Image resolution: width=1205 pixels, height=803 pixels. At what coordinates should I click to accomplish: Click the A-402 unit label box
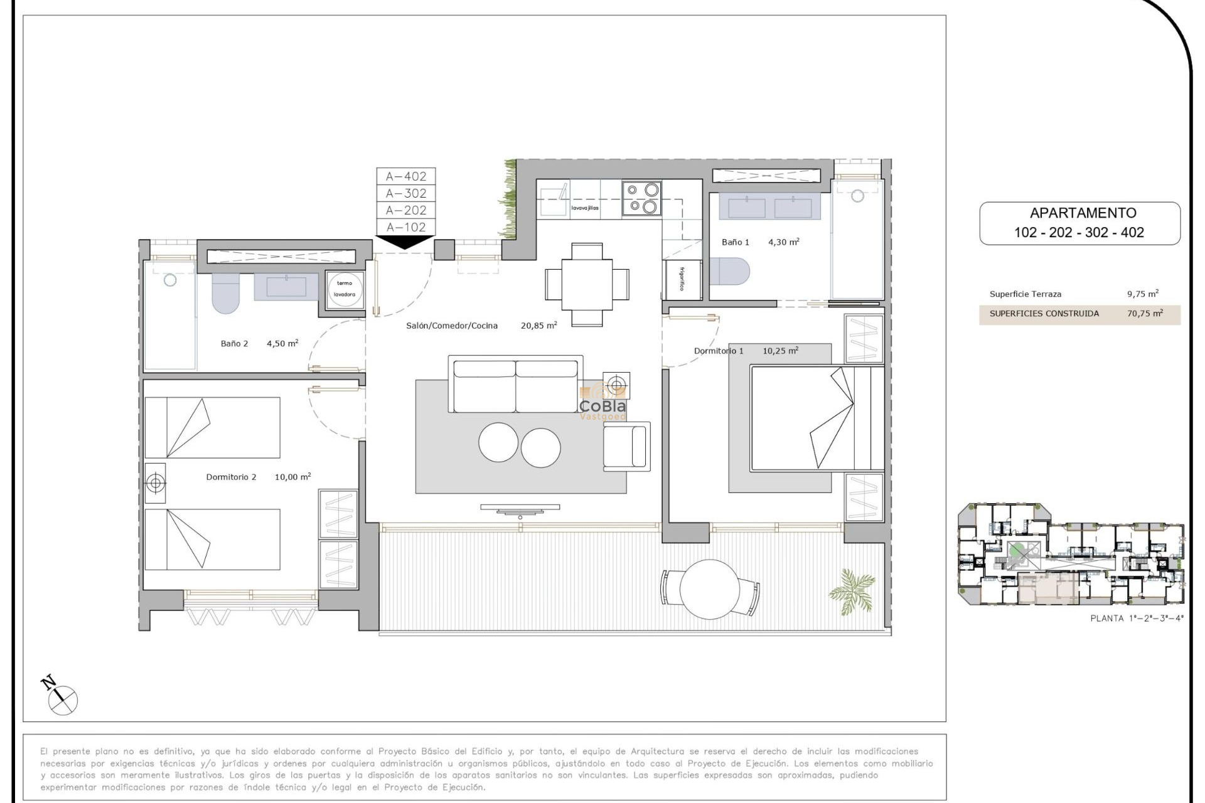[x=406, y=176]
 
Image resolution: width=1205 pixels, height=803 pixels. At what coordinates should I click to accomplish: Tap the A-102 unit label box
[x=406, y=227]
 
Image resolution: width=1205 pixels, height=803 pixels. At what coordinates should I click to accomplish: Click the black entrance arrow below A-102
[x=405, y=242]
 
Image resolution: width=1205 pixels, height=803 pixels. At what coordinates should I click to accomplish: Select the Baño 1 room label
[x=735, y=242]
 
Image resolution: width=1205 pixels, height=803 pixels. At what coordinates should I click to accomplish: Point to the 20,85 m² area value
[x=538, y=326]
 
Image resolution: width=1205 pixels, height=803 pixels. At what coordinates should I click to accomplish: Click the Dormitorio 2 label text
[x=231, y=477]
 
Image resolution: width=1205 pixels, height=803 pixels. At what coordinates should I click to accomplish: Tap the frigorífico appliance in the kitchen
[x=682, y=279]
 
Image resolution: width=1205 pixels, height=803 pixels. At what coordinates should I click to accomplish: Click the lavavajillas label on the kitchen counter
[x=584, y=208]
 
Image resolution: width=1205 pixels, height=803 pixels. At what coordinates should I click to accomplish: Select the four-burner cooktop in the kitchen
[x=642, y=198]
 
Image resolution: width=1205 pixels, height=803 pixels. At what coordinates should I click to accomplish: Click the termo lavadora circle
[x=345, y=289]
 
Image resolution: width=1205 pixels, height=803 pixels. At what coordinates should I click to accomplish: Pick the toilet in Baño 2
[x=225, y=292]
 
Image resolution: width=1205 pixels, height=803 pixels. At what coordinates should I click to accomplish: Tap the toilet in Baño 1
[x=731, y=272]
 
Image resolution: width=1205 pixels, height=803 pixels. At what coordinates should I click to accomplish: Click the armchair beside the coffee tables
[x=626, y=446]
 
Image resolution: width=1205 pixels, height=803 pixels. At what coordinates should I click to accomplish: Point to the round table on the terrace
[x=709, y=588]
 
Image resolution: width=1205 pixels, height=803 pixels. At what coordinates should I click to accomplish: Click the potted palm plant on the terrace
[x=852, y=590]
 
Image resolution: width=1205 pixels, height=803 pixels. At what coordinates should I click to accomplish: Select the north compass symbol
[x=61, y=696]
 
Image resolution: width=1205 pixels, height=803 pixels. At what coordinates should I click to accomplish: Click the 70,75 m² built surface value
[x=1145, y=314]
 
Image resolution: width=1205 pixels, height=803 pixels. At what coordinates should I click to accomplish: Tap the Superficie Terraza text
[x=1026, y=294]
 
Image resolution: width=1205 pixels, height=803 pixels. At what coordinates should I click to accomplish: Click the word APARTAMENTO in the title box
[x=1083, y=213]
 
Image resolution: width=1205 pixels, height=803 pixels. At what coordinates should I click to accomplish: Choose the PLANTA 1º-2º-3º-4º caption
[x=1137, y=619]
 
